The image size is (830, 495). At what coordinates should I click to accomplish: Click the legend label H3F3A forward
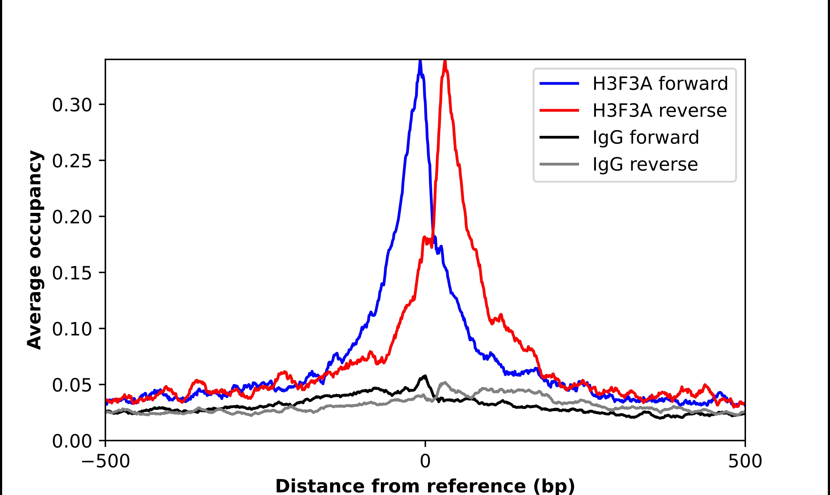[660, 84]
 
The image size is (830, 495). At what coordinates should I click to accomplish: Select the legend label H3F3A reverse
[659, 111]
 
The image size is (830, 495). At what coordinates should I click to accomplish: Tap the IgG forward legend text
[645, 137]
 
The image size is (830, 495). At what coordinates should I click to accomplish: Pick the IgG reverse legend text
[645, 165]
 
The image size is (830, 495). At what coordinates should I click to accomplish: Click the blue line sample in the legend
[559, 84]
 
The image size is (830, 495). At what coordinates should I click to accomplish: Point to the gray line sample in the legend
[559, 164]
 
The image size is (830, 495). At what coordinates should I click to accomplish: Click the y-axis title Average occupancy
[35, 250]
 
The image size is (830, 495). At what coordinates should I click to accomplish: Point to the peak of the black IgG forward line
[425, 376]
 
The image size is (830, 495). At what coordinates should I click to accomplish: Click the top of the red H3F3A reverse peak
[445, 61]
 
